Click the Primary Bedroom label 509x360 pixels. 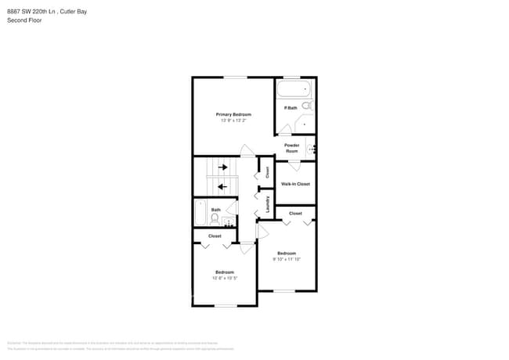click(233, 114)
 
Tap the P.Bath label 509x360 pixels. click(290, 107)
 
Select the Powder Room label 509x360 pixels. click(291, 148)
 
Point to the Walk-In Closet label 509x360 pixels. click(295, 184)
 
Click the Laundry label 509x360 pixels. click(268, 204)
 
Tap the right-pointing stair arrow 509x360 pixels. click(222, 167)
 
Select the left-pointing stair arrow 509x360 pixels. click(222, 186)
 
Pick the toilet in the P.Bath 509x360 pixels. click(307, 105)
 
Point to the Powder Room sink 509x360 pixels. click(312, 148)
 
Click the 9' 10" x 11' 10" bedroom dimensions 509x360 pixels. click(287, 258)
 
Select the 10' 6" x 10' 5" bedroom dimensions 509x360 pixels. click(225, 278)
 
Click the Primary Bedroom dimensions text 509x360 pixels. click(233, 121)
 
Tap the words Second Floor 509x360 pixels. click(24, 20)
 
